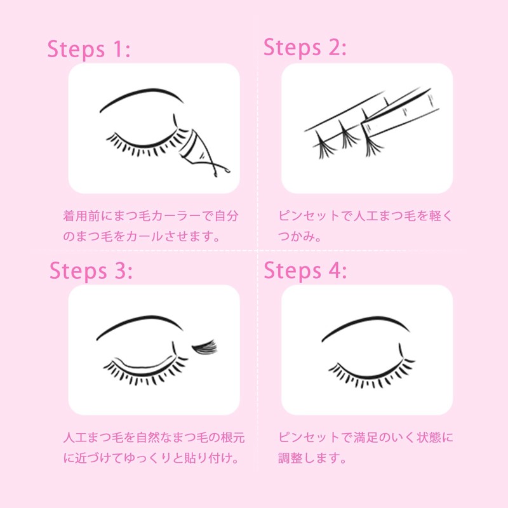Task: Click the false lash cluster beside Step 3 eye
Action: click(x=204, y=346)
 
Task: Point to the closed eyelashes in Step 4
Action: click(x=368, y=375)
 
